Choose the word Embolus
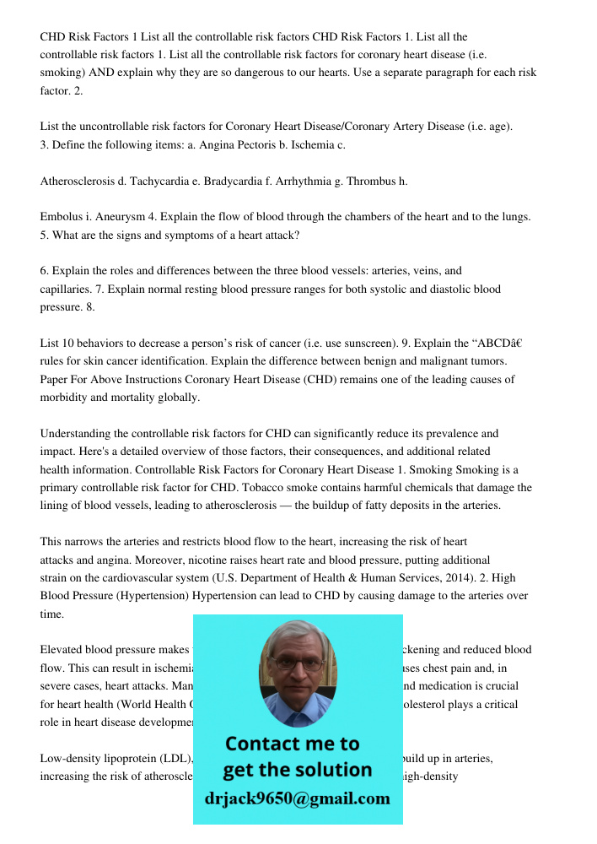click(62, 217)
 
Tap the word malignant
click(446, 361)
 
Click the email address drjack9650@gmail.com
click(298, 798)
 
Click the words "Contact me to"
click(293, 744)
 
